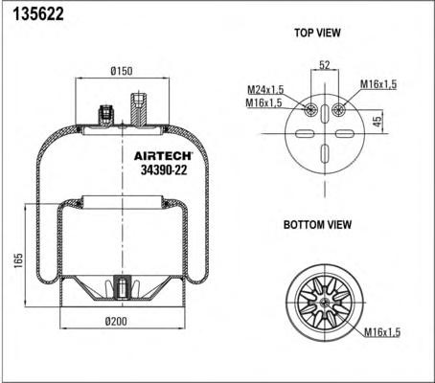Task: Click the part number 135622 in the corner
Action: tap(38, 14)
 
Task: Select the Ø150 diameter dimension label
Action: tap(122, 71)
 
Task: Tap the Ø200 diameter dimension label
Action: tap(116, 321)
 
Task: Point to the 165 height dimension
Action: tap(19, 260)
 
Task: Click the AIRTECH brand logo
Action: tap(163, 155)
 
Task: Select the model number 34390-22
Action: tap(164, 169)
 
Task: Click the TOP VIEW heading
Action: tap(317, 33)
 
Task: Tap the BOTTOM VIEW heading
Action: tap(317, 224)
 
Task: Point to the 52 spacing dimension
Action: tap(325, 65)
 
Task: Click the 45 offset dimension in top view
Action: tap(378, 122)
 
